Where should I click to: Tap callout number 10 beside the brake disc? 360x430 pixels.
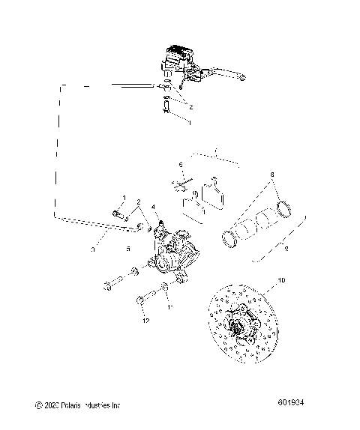pos(281,280)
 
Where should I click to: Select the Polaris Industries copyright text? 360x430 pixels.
pos(78,405)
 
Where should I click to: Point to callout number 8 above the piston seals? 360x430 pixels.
pos(271,195)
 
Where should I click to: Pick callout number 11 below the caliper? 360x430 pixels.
pos(170,308)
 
